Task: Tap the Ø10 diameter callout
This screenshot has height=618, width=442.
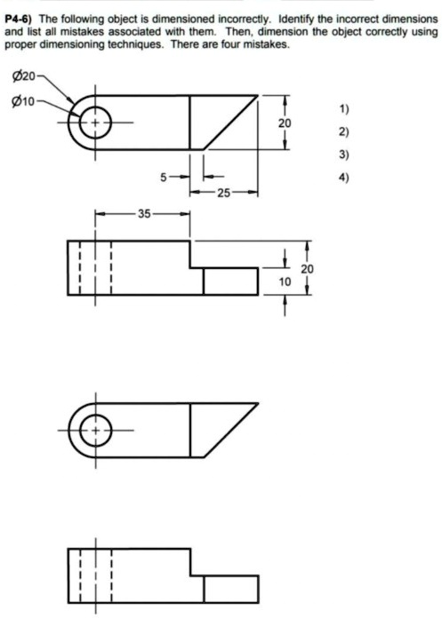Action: (20, 99)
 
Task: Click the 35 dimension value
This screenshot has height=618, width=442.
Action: (145, 213)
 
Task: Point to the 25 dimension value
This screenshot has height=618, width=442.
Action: (220, 191)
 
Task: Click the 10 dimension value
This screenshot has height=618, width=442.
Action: (284, 281)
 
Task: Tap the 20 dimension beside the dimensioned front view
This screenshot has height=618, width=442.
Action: (307, 268)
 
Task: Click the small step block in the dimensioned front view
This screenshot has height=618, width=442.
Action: (230, 281)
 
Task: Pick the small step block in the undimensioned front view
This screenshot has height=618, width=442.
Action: (230, 590)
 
